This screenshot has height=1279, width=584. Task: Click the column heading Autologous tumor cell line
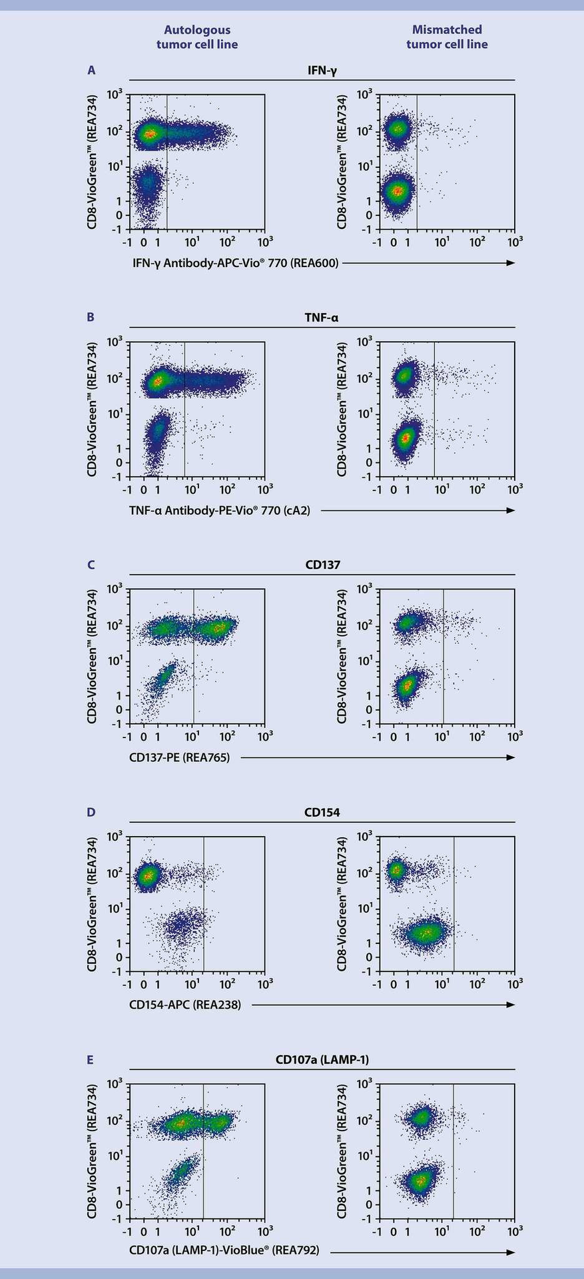[197, 37]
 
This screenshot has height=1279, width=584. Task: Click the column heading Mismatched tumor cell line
[447, 37]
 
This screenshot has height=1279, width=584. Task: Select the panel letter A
[91, 70]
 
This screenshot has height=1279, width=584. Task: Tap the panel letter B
[91, 317]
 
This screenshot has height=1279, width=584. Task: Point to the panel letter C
[91, 565]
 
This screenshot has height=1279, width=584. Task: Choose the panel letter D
[91, 812]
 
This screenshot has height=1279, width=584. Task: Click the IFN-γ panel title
[322, 70]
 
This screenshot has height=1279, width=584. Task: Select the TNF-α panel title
[322, 317]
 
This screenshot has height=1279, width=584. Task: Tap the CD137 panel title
[322, 565]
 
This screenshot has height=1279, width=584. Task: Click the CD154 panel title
[322, 812]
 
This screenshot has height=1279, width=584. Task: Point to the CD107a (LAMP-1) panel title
[322, 1059]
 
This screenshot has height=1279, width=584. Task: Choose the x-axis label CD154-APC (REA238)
[185, 1005]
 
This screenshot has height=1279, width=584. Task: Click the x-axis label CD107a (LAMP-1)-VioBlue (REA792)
[224, 1252]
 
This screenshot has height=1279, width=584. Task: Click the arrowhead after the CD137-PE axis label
[511, 757]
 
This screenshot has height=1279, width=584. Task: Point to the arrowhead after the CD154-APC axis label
[511, 1005]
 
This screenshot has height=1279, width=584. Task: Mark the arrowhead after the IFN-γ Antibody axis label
[511, 263]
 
